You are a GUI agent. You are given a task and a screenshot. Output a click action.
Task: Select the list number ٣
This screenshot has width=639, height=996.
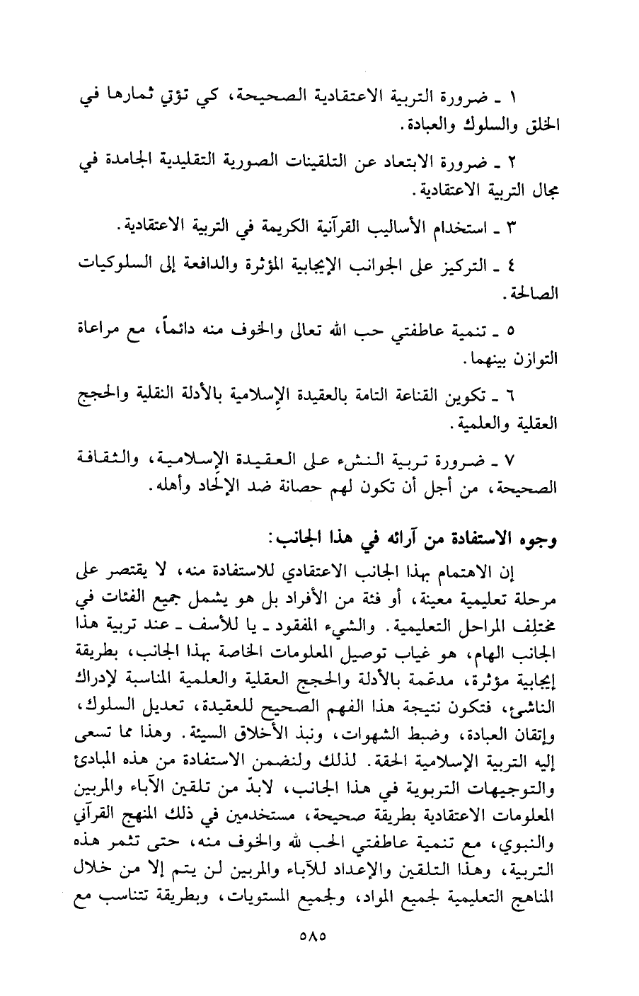tap(519, 228)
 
